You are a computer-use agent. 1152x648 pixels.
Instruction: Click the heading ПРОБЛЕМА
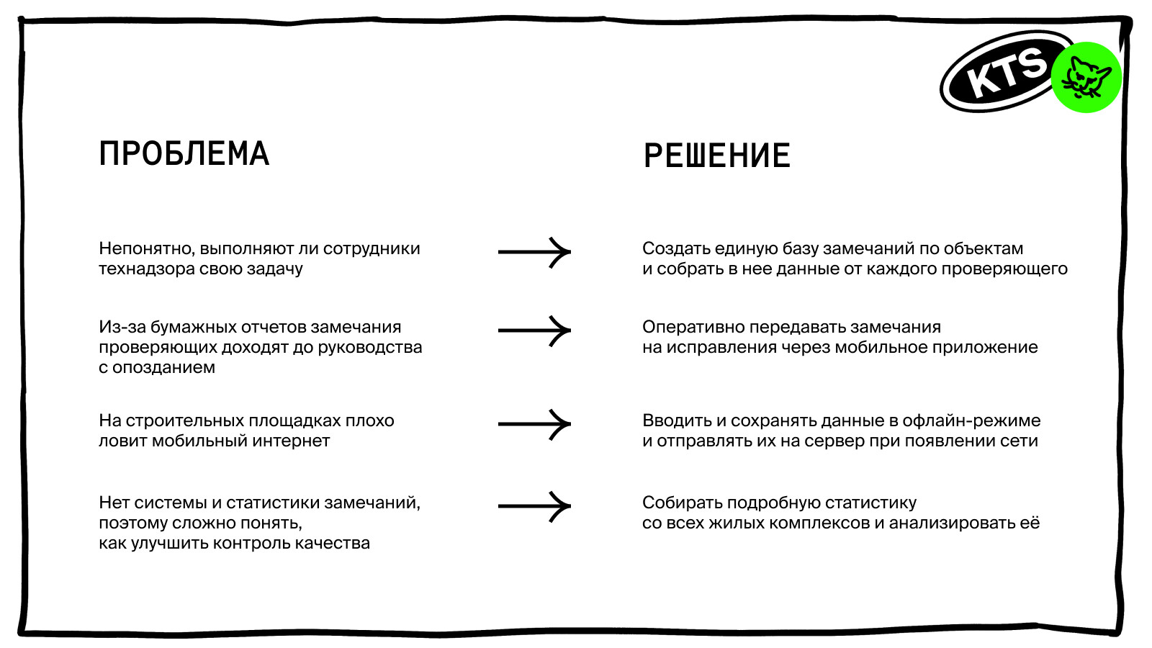184,153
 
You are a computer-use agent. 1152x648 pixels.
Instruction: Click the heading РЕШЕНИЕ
716,156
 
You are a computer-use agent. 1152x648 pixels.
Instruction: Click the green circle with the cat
1086,77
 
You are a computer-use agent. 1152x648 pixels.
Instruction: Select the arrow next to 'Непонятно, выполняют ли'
534,252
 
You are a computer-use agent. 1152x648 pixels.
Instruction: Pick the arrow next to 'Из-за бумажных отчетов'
534,330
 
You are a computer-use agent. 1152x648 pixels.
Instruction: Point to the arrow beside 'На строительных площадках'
534,424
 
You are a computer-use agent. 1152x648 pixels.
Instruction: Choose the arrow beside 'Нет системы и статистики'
534,506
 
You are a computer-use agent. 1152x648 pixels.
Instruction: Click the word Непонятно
146,249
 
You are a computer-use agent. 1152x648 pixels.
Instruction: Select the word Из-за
120,328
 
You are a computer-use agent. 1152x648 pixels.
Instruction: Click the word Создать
675,249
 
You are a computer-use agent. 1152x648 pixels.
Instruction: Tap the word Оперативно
693,328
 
